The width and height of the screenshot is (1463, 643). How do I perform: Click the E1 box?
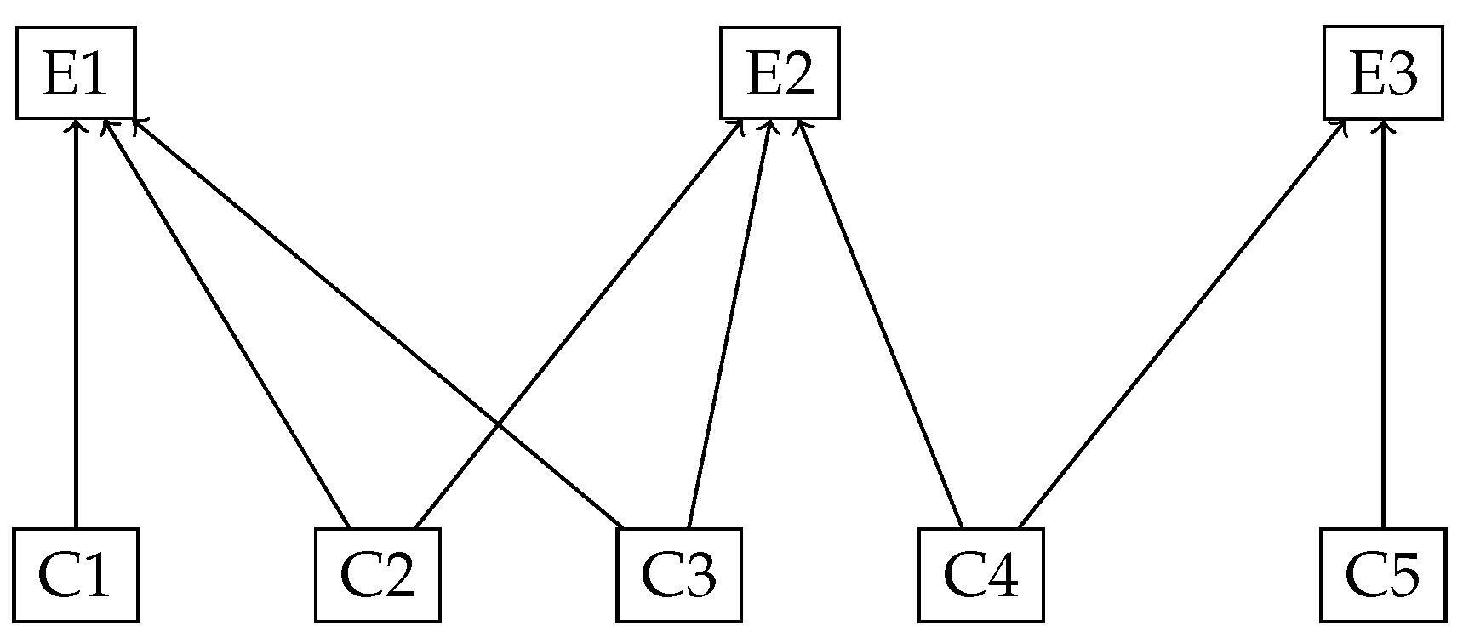coord(76,72)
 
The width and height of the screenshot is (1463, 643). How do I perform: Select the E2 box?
coord(780,72)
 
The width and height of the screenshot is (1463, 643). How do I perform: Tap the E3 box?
coord(1383,72)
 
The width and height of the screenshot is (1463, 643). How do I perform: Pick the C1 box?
coord(76,575)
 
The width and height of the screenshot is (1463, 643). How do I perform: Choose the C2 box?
coord(378,575)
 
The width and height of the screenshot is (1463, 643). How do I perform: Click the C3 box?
coord(679,575)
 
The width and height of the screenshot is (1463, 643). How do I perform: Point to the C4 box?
coord(981,575)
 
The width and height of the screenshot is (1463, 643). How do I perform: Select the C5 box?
coord(1383,575)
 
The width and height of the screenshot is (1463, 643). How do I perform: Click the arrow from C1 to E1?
coord(76,323)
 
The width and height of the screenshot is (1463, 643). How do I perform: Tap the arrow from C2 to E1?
coord(226,323)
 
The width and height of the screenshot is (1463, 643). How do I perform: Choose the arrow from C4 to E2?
coord(879,323)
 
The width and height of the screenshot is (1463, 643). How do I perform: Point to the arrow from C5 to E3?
coord(1383,323)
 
